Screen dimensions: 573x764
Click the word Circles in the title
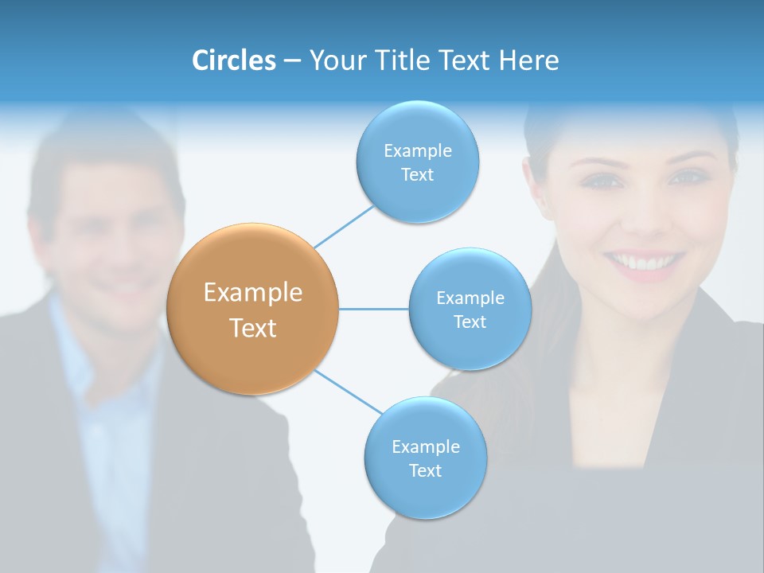(x=234, y=60)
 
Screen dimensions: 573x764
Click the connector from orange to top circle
(x=344, y=227)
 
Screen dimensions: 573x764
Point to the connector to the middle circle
(x=374, y=309)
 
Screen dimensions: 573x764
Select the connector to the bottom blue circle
(x=347, y=392)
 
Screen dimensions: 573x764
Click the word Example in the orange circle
(x=253, y=293)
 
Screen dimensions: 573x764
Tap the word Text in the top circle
(x=417, y=175)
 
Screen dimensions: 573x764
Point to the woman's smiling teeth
(x=643, y=261)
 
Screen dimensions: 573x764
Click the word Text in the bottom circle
(x=425, y=471)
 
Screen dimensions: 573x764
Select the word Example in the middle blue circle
(x=470, y=298)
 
